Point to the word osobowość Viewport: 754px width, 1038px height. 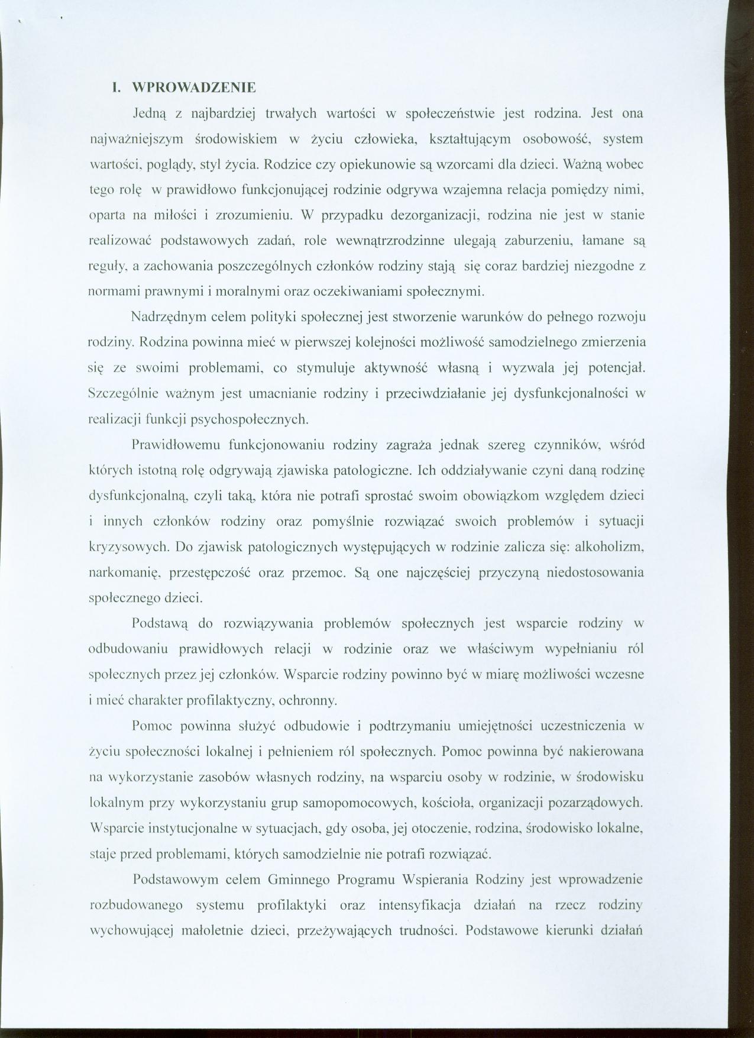554,139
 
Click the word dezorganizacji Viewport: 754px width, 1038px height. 432,215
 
